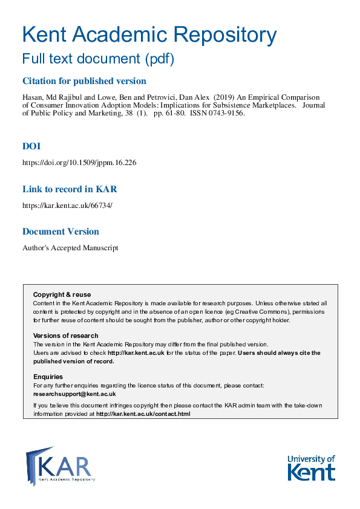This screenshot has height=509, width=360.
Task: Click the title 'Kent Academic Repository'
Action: pyautogui.click(x=149, y=34)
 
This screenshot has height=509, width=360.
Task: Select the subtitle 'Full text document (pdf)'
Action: pyautogui.click(x=98, y=59)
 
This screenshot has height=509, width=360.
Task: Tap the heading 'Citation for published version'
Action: pyautogui.click(x=84, y=81)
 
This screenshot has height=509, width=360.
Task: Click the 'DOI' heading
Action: pyautogui.click(x=31, y=146)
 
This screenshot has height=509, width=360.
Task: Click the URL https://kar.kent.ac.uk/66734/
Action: pyautogui.click(x=67, y=206)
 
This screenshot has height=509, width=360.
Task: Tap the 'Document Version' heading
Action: pyautogui.click(x=61, y=232)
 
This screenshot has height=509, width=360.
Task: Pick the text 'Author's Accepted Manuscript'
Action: pyautogui.click(x=70, y=248)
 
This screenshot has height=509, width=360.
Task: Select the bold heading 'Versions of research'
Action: pyautogui.click(x=65, y=336)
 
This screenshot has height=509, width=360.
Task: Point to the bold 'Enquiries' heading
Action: pyautogui.click(x=48, y=377)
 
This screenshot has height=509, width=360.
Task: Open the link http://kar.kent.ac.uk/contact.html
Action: pyautogui.click(x=143, y=414)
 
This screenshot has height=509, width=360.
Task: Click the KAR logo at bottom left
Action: pyautogui.click(x=60, y=465)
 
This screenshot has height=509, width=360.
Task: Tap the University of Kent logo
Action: pyautogui.click(x=310, y=467)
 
